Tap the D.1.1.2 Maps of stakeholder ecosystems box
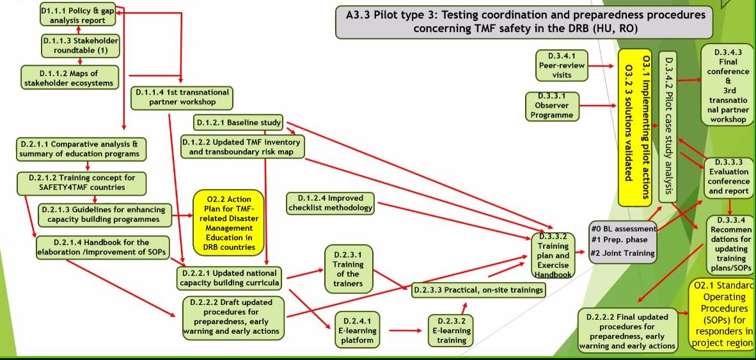[x=69, y=75]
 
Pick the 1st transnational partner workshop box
[x=182, y=97]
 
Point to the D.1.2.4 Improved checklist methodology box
[x=330, y=202]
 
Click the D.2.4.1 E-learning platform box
[x=356, y=329]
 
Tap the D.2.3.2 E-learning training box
[x=451, y=330]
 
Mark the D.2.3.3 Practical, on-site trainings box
[x=478, y=290]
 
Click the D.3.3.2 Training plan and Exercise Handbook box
[x=553, y=255]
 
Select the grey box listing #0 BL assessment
[x=622, y=240]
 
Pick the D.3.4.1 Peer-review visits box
[x=562, y=65]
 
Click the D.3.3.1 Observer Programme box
[x=553, y=106]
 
